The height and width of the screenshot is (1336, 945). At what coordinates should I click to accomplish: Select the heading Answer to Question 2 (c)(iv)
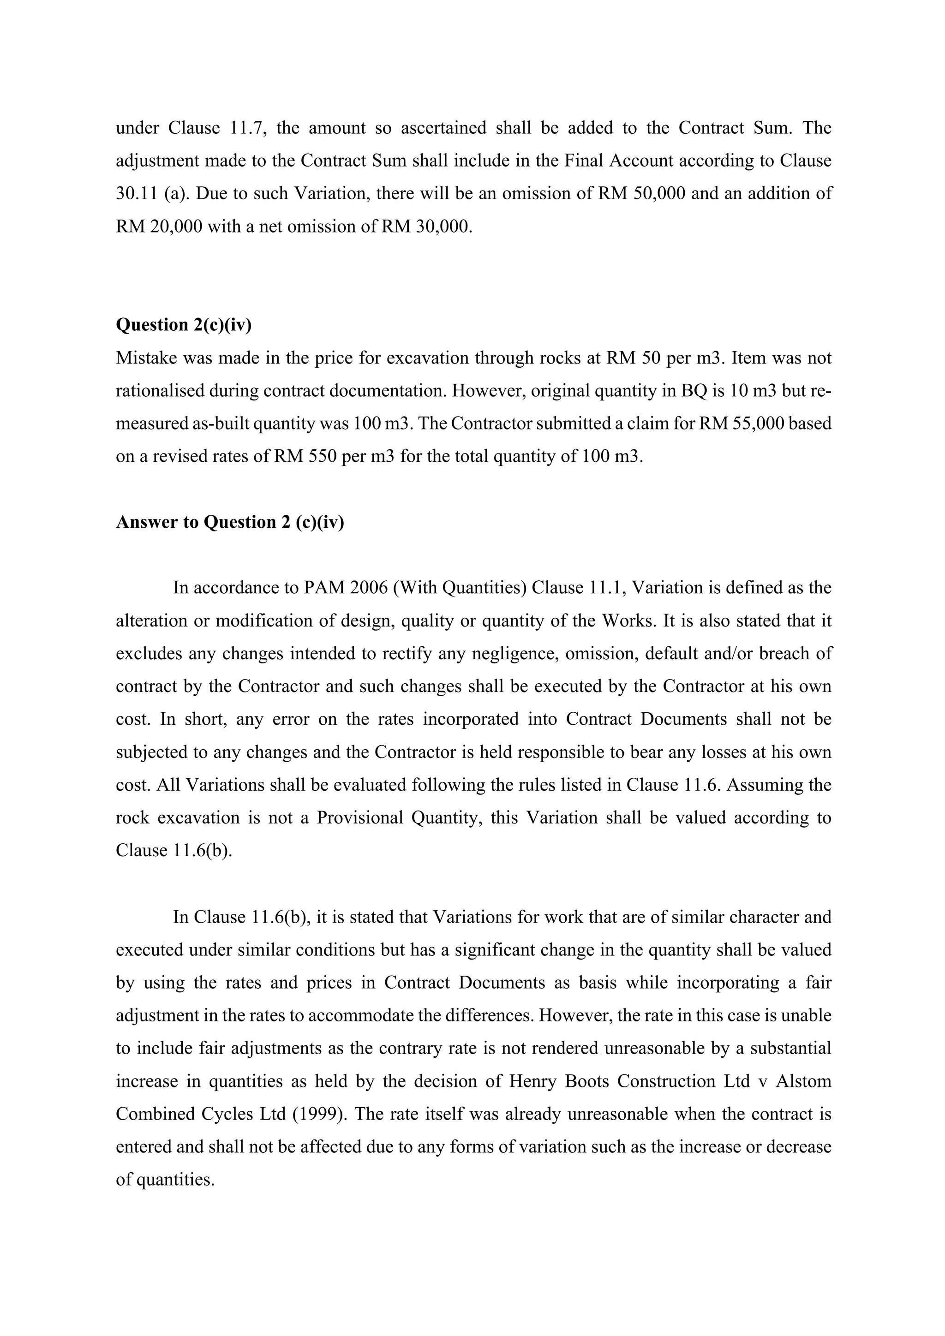click(230, 522)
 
